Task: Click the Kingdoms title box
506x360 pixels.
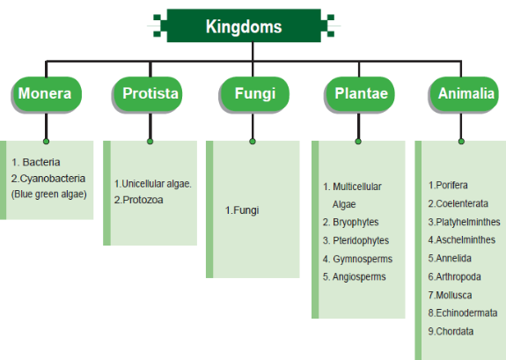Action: (x=244, y=26)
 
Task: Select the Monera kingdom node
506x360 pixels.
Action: (x=47, y=94)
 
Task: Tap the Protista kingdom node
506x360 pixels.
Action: (x=148, y=94)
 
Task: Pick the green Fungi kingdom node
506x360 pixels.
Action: (x=254, y=94)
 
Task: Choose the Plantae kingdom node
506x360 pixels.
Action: (x=360, y=94)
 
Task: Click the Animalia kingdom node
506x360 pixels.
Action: (x=464, y=94)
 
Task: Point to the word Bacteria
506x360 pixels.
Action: (x=41, y=162)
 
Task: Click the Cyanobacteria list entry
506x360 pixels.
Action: (x=48, y=178)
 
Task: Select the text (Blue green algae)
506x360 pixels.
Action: (x=48, y=194)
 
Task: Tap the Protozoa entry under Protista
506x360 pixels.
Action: (x=138, y=200)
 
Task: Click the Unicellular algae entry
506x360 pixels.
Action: (x=153, y=184)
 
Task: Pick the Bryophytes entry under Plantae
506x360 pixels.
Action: (x=351, y=222)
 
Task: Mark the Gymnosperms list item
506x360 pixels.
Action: (x=357, y=259)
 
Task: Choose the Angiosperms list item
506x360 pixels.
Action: (x=355, y=276)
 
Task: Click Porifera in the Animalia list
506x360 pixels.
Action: (x=448, y=185)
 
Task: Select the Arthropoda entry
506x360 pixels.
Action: (x=454, y=276)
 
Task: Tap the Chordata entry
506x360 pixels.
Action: (x=451, y=331)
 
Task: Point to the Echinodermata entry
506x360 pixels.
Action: (x=463, y=312)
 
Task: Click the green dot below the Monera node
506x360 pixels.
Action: (x=46, y=141)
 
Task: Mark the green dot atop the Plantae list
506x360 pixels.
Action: (x=358, y=141)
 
